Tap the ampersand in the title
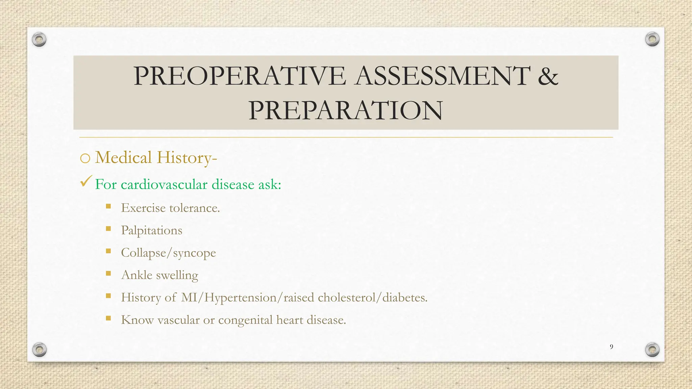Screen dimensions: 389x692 click(548, 76)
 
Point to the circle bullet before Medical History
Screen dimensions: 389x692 click(85, 158)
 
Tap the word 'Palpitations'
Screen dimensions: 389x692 click(151, 231)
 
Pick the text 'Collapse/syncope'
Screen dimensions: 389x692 click(168, 253)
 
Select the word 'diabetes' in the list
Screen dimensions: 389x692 click(404, 297)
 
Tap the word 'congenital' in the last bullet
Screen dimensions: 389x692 click(245, 320)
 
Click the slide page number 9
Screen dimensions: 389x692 click(611, 347)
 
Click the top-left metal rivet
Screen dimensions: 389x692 click(39, 40)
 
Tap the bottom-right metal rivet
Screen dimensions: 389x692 click(652, 349)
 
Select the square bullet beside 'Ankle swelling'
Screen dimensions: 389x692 click(108, 273)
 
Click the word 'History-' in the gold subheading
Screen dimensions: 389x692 click(187, 158)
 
